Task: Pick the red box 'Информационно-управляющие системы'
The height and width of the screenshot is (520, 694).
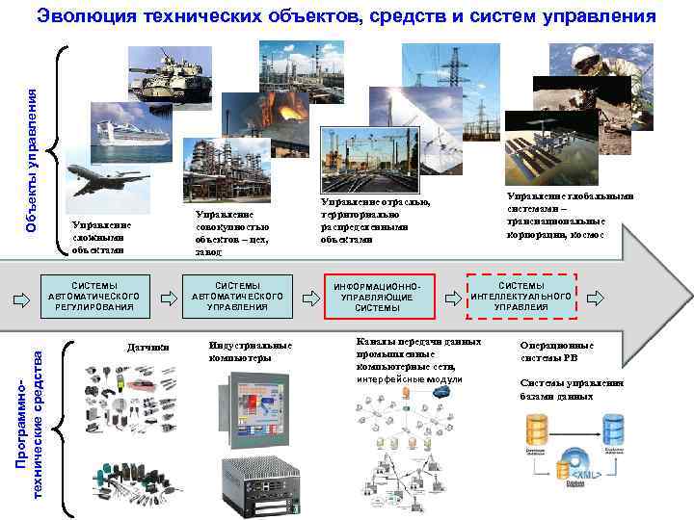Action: pyautogui.click(x=380, y=297)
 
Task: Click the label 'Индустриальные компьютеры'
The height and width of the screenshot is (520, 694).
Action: pyautogui.click(x=250, y=351)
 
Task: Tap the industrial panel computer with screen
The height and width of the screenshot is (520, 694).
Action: pyautogui.click(x=254, y=404)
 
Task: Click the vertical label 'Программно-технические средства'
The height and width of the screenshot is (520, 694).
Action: pyautogui.click(x=31, y=424)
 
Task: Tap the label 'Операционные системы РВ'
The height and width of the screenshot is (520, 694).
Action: pyautogui.click(x=557, y=351)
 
